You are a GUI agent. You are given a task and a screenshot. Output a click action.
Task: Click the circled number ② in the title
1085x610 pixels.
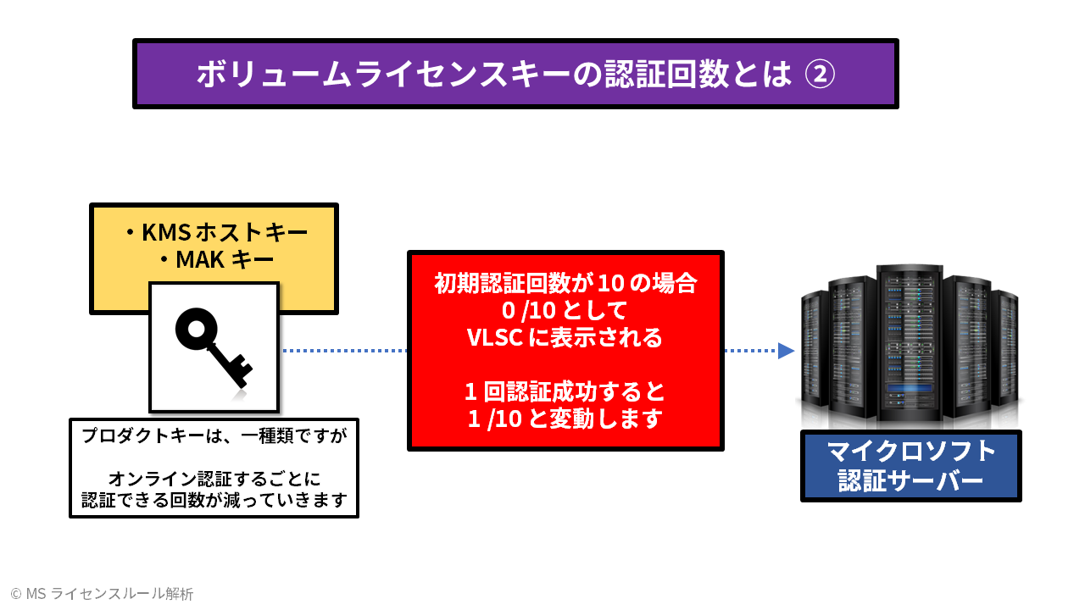pyautogui.click(x=819, y=74)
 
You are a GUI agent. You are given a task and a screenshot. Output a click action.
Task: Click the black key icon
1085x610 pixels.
pyautogui.click(x=214, y=347)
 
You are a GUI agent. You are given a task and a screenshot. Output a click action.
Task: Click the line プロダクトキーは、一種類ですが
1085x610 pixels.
pyautogui.click(x=214, y=436)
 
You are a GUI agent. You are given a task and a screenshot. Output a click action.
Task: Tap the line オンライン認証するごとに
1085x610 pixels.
pyautogui.click(x=214, y=479)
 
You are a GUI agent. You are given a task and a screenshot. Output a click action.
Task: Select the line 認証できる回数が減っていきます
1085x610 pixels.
pyautogui.click(x=214, y=500)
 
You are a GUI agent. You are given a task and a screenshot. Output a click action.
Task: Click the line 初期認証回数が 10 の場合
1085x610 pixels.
pyautogui.click(x=565, y=283)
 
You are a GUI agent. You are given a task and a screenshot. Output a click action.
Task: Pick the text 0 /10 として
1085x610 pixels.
pyautogui.click(x=565, y=310)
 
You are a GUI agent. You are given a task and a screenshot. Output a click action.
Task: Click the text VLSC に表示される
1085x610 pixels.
pyautogui.click(x=565, y=337)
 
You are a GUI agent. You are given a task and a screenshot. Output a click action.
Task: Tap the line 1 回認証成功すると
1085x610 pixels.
pyautogui.click(x=565, y=391)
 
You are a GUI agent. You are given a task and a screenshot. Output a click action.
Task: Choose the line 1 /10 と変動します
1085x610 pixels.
pyautogui.click(x=565, y=419)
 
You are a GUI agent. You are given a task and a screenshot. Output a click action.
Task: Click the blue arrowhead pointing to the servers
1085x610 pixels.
pyautogui.click(x=786, y=350)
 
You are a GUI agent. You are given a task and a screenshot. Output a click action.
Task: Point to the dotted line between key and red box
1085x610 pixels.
pyautogui.click(x=343, y=350)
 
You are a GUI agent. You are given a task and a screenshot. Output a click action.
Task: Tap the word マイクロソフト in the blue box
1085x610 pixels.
pyautogui.click(x=911, y=451)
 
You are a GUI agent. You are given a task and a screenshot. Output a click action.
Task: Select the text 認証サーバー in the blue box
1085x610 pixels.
pyautogui.click(x=911, y=480)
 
